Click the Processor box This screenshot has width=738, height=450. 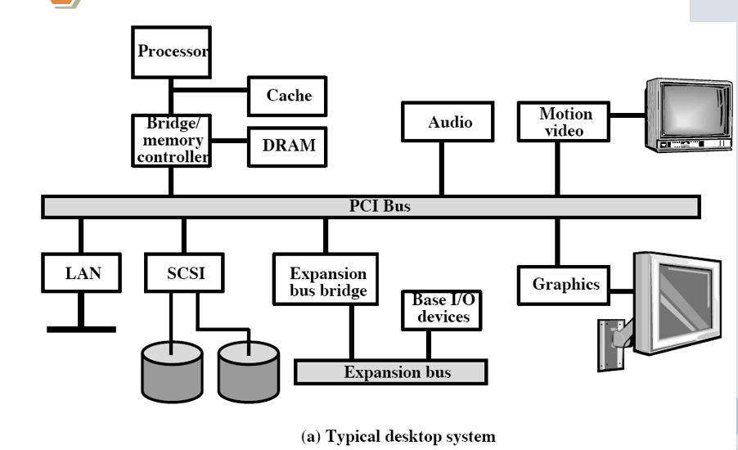click(x=170, y=52)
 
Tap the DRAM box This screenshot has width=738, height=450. click(x=289, y=146)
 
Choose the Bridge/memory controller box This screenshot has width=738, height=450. click(x=170, y=141)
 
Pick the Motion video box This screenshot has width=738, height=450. click(x=565, y=121)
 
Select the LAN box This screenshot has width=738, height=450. click(x=80, y=272)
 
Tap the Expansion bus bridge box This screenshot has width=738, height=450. click(x=328, y=281)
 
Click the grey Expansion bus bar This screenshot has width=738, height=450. click(x=390, y=372)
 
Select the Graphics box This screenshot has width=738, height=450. click(x=565, y=285)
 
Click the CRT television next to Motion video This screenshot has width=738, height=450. click(x=687, y=115)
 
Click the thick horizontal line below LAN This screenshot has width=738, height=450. click(x=80, y=329)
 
